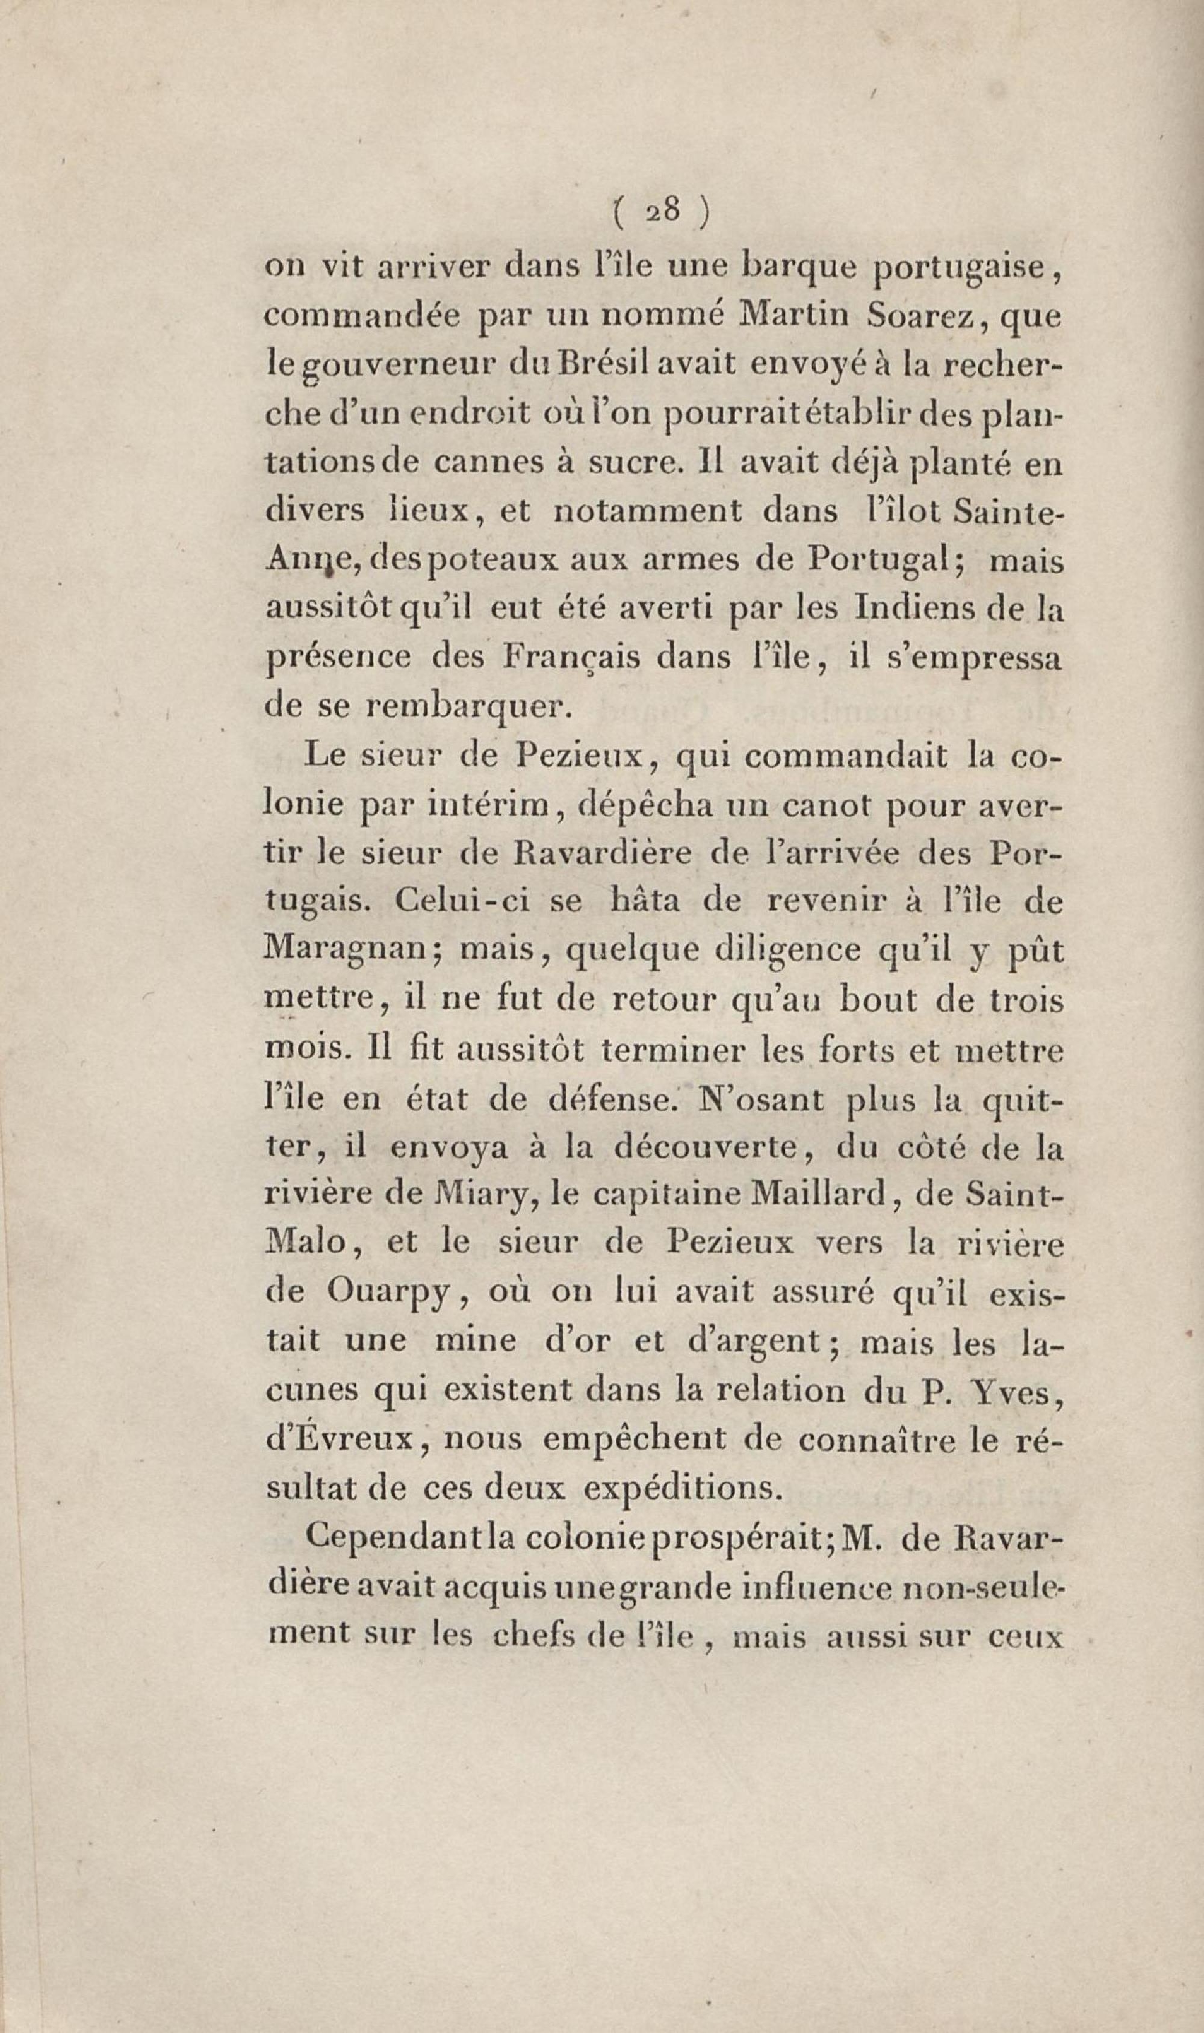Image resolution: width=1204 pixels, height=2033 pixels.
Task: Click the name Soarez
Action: click(924, 317)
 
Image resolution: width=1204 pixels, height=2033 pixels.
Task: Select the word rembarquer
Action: click(469, 707)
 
